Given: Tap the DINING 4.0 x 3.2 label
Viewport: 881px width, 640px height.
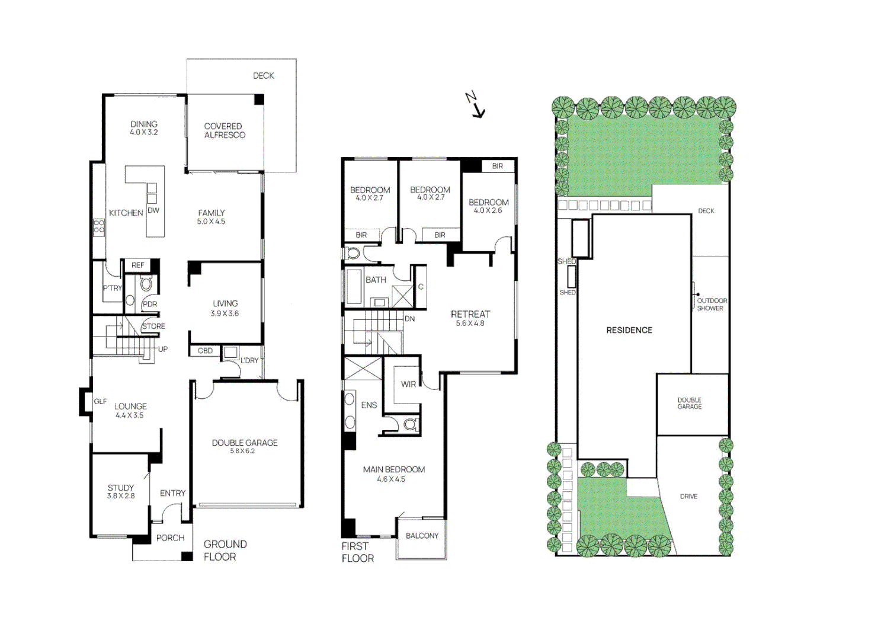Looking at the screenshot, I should (x=144, y=128).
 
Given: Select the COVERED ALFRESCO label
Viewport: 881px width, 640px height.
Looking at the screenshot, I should (x=225, y=130).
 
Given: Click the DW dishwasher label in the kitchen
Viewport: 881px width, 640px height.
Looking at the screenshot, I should (x=153, y=210).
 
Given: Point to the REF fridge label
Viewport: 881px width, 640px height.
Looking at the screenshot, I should (x=138, y=265).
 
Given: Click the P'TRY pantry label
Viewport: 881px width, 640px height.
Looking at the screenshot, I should (x=112, y=288).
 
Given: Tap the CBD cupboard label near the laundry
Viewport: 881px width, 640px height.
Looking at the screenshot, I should (x=205, y=351).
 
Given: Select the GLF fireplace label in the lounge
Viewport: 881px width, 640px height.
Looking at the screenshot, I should (x=100, y=401).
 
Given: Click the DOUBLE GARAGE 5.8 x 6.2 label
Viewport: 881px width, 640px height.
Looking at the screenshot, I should (x=245, y=446).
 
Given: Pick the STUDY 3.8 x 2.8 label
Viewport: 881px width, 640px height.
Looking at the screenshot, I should (x=121, y=491).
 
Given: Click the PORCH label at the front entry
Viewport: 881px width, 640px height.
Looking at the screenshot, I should (x=170, y=538).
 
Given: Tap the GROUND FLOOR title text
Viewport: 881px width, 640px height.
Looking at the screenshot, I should (x=225, y=551).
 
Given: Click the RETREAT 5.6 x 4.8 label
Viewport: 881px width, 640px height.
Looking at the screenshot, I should (x=470, y=318).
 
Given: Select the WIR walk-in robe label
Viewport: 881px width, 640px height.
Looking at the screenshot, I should (x=408, y=384).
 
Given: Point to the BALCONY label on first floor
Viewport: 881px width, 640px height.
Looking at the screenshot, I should (x=422, y=536).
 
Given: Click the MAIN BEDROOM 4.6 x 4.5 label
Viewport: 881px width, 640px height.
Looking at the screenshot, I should (x=393, y=473).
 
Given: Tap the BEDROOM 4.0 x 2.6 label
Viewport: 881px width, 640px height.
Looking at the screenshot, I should (x=488, y=206).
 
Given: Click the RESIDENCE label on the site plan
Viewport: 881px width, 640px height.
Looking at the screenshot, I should (x=629, y=330).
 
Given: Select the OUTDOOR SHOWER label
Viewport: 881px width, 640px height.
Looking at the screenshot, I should (x=712, y=304).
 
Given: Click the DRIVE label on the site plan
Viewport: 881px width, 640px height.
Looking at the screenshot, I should (x=688, y=497).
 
